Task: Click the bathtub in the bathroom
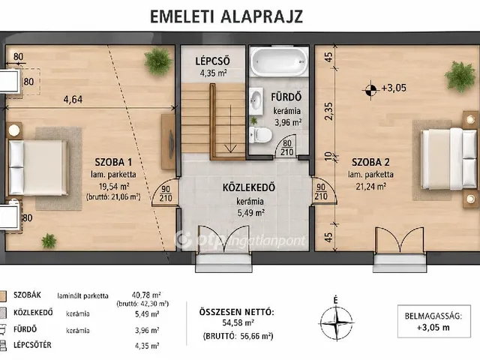click(x=279, y=61)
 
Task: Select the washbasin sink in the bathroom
click(x=256, y=101)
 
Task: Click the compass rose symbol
click(x=336, y=322)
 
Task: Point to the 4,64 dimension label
click(x=73, y=100)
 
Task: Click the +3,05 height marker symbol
click(x=370, y=90)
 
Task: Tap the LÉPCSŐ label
click(x=212, y=61)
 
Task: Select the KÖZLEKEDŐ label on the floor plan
click(x=248, y=187)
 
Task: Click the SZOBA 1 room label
click(x=113, y=162)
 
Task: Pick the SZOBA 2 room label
click(x=370, y=162)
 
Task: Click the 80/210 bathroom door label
click(x=287, y=148)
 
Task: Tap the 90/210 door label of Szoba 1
click(x=166, y=193)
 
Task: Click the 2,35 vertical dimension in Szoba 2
click(x=328, y=111)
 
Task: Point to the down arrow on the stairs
click(x=230, y=128)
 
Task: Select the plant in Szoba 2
click(x=460, y=76)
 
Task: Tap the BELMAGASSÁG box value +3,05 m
click(x=433, y=327)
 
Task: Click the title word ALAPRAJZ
click(x=262, y=16)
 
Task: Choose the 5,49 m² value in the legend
click(x=147, y=314)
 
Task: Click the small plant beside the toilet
click(x=253, y=120)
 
